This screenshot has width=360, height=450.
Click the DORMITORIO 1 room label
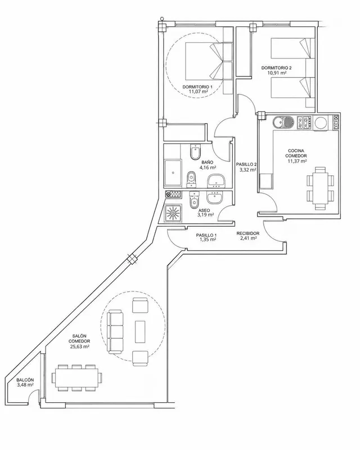tap(197, 87)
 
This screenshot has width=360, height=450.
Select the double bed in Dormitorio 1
tap(204, 61)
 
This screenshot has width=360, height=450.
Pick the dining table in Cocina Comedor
tap(321, 188)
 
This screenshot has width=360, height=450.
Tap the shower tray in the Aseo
tap(173, 213)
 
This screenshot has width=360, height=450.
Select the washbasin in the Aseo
tap(214, 198)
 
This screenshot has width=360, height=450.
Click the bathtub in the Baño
tap(173, 173)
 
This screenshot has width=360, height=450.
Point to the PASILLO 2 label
tap(246, 164)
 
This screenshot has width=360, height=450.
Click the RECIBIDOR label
tap(248, 233)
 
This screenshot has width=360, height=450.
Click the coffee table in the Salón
tap(140, 331)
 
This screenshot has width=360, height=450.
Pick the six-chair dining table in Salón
tap(76, 377)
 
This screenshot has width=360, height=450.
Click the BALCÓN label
tap(25, 380)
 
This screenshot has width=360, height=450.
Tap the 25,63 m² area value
tap(79, 346)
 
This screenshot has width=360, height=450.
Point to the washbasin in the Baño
tap(217, 180)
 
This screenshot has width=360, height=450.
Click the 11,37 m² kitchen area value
tap(297, 161)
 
